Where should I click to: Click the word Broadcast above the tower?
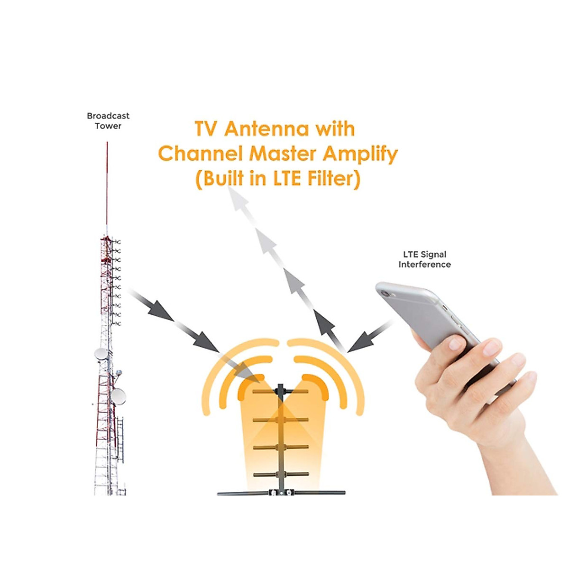point(108,116)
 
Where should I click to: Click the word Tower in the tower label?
point(108,126)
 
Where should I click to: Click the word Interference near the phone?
point(424,265)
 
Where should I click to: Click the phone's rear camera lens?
point(385,294)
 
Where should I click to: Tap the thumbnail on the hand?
point(456,342)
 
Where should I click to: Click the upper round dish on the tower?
point(101,354)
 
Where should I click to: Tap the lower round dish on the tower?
point(118,396)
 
